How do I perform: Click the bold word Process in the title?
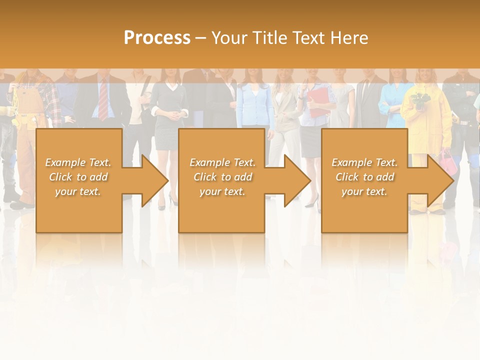tap(157, 38)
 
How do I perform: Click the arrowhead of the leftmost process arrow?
tap(155, 180)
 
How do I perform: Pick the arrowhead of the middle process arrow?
tap(297, 180)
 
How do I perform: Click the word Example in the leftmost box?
tap(65, 162)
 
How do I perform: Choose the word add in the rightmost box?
tap(385, 177)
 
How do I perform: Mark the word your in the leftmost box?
tap(65, 191)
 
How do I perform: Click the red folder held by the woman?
tap(318, 102)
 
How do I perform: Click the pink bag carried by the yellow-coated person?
tap(448, 162)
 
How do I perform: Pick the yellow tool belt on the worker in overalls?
tap(22, 120)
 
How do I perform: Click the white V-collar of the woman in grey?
tap(171, 87)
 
